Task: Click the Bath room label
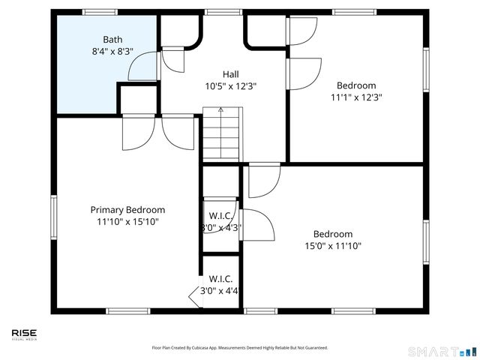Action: pyautogui.click(x=112, y=40)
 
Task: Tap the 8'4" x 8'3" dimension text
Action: pyautogui.click(x=112, y=52)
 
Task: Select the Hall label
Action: pyautogui.click(x=230, y=73)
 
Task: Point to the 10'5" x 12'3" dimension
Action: pyautogui.click(x=230, y=86)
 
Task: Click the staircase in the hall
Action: pyautogui.click(x=221, y=139)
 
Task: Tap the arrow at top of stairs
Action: pyautogui.click(x=220, y=111)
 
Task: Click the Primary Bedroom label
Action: pyautogui.click(x=127, y=210)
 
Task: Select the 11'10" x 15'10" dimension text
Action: pyautogui.click(x=127, y=222)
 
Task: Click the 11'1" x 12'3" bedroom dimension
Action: pyautogui.click(x=356, y=97)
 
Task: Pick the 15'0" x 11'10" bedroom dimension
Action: pyautogui.click(x=333, y=246)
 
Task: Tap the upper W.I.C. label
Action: pyautogui.click(x=220, y=215)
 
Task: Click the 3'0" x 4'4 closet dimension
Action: pyautogui.click(x=220, y=291)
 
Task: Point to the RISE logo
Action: pyautogui.click(x=24, y=334)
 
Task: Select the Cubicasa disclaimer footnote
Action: pyautogui.click(x=240, y=348)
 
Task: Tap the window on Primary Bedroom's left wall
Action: pyautogui.click(x=53, y=217)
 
